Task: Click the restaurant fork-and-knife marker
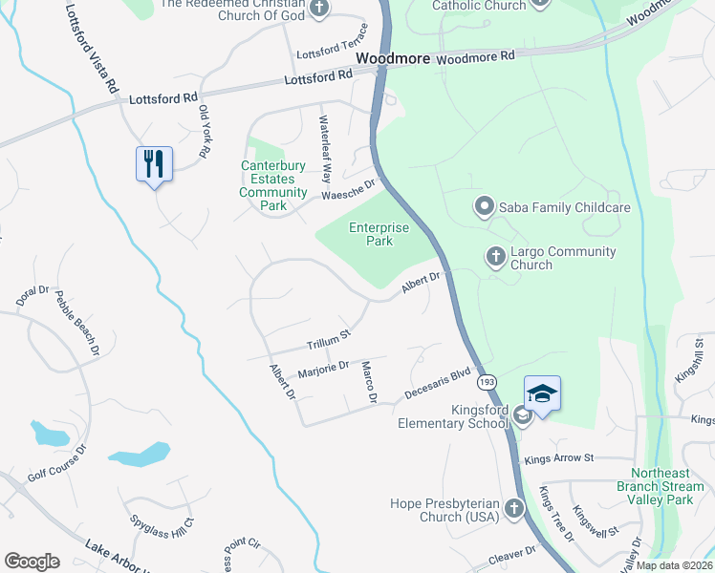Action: [154, 164]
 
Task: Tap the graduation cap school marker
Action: [542, 393]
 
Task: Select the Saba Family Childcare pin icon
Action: [484, 206]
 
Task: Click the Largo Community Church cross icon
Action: [495, 256]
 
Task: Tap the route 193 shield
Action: [488, 382]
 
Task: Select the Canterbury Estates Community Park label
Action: [273, 185]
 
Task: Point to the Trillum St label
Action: [330, 340]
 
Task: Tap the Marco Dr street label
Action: [368, 381]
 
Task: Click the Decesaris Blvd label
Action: [439, 381]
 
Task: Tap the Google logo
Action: [32, 562]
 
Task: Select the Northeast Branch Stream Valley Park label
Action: [667, 486]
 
